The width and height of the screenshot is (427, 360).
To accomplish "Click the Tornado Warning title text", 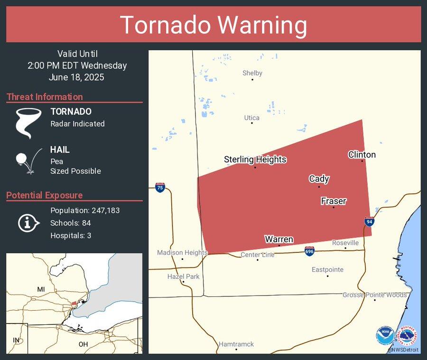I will (213, 25).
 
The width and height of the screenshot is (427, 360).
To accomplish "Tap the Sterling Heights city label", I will (255, 159).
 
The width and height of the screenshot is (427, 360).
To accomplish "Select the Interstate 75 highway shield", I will (160, 187).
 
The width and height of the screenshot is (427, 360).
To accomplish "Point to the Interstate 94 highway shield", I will (369, 221).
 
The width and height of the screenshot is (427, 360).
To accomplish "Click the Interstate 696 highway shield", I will (309, 250).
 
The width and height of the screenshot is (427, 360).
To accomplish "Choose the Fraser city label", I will (333, 201).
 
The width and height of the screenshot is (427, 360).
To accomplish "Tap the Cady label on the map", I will (319, 179).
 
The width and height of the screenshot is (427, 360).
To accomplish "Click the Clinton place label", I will (362, 155).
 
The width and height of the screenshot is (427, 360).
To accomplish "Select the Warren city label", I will (278, 239).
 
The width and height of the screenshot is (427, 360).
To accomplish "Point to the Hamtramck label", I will (236, 344).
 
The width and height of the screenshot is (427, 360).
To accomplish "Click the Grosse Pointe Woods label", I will (374, 295).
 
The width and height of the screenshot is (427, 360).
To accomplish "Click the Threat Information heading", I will (45, 97).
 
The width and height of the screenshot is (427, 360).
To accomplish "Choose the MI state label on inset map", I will (41, 289).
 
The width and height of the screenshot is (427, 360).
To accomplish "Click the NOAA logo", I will (385, 335).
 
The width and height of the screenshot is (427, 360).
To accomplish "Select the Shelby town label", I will (252, 73).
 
